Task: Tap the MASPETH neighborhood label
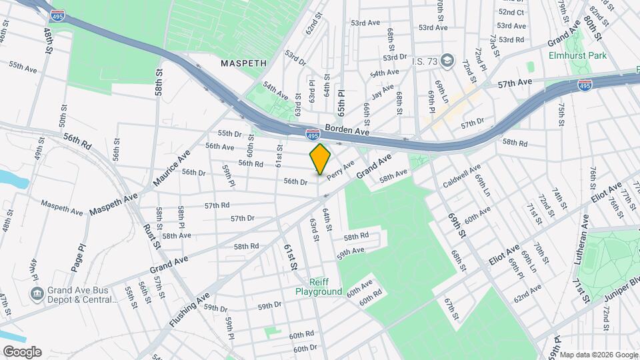[244, 63]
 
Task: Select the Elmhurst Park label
[577, 55]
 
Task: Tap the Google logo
[21, 351]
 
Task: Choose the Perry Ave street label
[340, 169]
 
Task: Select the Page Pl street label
[81, 257]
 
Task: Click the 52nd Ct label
[511, 12]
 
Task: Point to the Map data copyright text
[598, 354]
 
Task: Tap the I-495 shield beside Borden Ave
[312, 134]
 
